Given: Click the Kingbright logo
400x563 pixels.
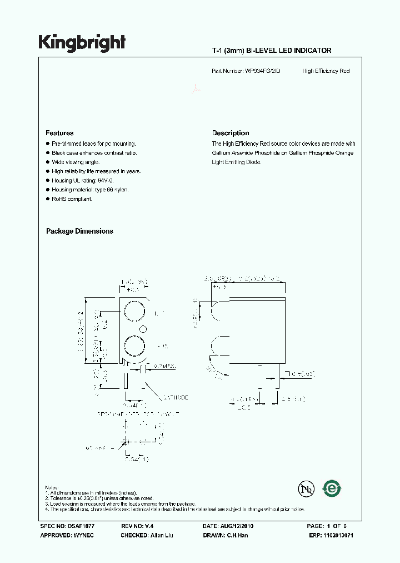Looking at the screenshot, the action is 82,43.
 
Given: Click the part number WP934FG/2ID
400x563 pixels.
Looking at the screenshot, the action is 262,71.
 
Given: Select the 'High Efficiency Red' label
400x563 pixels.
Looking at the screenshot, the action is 326,71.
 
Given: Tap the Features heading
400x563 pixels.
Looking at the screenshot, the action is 59,133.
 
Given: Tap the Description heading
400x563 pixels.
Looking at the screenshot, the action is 231,133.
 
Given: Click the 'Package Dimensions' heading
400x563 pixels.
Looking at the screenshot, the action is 79,231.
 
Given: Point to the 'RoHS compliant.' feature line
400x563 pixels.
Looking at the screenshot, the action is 72,199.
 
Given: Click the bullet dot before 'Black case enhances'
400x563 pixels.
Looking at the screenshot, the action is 48,153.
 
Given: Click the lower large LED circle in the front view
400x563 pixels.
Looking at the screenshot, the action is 134,345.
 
